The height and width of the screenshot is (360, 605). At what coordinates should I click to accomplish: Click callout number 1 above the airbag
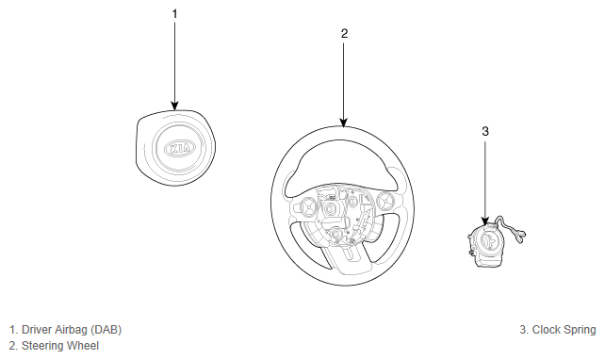(174, 14)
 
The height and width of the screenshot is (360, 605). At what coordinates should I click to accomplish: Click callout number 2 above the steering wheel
(344, 34)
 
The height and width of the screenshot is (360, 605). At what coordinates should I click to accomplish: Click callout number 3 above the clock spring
(485, 132)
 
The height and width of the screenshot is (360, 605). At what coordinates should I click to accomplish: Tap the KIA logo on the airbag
(180, 149)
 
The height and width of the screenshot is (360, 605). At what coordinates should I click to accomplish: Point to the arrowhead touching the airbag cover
(174, 106)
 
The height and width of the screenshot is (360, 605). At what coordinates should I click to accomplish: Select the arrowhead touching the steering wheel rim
(344, 123)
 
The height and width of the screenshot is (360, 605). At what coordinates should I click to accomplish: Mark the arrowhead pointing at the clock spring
(485, 221)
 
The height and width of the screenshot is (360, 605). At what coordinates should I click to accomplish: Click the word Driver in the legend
(37, 330)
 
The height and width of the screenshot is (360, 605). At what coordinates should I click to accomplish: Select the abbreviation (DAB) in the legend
(106, 330)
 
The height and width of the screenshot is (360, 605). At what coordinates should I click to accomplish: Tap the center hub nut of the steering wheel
(330, 209)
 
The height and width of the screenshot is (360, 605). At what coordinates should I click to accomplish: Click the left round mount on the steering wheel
(309, 205)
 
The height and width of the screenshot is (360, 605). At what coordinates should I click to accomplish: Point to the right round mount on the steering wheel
(384, 200)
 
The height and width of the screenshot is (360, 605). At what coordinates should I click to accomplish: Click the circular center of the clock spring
(487, 241)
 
